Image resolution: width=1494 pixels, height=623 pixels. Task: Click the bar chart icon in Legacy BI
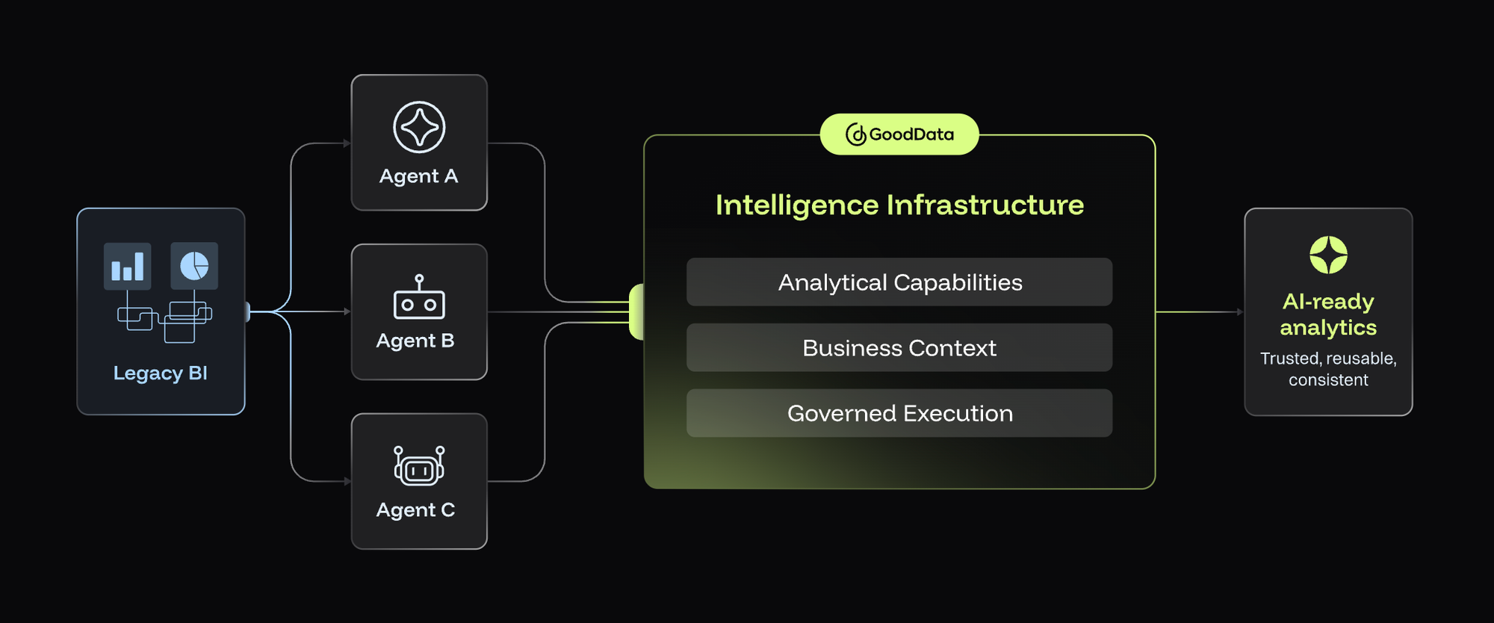[x=127, y=266]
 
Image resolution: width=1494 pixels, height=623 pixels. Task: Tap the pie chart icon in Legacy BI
[x=194, y=266]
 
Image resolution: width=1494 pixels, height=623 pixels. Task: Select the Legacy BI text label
[x=161, y=373]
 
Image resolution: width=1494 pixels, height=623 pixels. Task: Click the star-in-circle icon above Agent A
[x=419, y=127]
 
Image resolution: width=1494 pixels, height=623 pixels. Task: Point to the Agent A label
[x=418, y=176]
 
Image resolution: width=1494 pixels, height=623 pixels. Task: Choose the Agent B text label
[x=415, y=341]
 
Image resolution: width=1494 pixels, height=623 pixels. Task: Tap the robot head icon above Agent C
[x=419, y=466]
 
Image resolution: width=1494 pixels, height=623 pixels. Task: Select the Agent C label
[x=415, y=510]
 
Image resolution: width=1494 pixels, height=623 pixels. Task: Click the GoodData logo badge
[x=899, y=134]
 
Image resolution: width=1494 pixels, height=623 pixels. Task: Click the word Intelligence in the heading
[x=797, y=205]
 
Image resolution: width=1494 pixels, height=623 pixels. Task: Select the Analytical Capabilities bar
[x=899, y=282]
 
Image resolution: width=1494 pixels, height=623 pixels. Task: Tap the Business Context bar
[x=899, y=348]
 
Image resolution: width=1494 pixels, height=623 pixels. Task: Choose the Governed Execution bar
[x=899, y=413]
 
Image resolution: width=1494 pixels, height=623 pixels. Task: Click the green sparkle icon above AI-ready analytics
[x=1328, y=255]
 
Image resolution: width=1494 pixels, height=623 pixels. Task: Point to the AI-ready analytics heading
[x=1328, y=314]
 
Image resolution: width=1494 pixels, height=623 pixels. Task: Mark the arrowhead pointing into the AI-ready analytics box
[x=1240, y=312]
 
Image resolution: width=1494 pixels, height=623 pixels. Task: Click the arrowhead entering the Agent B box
[x=347, y=311]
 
